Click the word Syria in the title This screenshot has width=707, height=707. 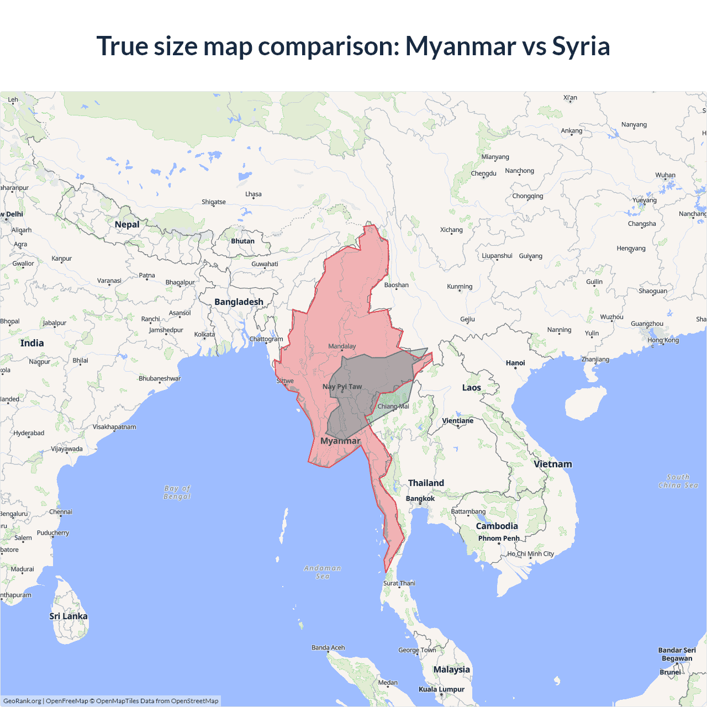click(581, 46)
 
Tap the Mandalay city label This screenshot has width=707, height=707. click(342, 346)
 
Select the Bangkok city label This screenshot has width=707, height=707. click(420, 498)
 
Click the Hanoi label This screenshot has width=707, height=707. click(515, 363)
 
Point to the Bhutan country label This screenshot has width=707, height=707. click(242, 241)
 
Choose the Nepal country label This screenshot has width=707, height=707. click(127, 224)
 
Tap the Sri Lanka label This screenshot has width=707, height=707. click(68, 616)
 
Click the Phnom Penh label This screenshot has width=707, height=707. click(499, 538)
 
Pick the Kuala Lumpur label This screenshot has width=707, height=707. click(441, 689)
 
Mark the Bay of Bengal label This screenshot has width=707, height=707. click(177, 492)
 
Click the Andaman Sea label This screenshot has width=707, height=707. click(323, 572)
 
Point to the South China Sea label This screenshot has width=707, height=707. click(678, 481)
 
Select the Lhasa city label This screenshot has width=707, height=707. click(254, 194)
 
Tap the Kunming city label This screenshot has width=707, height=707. click(460, 286)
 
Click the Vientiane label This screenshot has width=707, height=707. click(457, 420)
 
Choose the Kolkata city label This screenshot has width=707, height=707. click(204, 334)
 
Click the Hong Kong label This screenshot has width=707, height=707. click(663, 340)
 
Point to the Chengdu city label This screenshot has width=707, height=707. click(483, 173)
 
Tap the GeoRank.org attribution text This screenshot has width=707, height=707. click(22, 701)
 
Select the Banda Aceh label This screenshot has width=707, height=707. click(328, 647)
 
